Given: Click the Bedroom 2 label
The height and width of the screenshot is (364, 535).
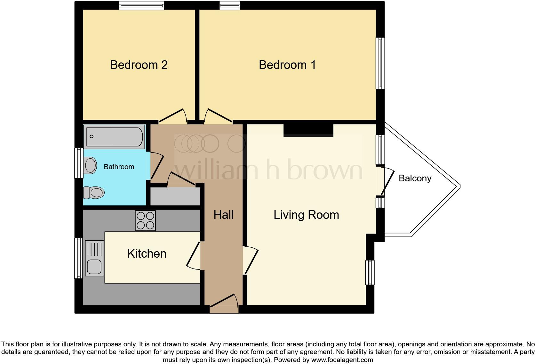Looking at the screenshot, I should pos(139,65).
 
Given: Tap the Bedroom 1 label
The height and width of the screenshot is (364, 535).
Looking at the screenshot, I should pos(287,65).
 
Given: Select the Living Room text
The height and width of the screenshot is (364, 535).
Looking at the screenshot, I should pos(306,215).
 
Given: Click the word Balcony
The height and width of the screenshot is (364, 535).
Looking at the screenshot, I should pos(415,178).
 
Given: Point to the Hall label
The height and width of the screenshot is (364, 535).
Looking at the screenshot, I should pos(223,215).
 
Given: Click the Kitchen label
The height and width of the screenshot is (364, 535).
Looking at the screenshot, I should pos(147,253).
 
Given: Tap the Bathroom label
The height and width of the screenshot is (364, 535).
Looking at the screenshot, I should pos(119,167).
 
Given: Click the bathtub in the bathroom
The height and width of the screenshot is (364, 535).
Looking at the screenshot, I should pos(114,137).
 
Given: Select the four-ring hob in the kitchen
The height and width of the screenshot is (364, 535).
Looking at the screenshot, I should pos(145,220).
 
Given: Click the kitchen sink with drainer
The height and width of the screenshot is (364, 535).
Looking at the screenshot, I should pos(94,258).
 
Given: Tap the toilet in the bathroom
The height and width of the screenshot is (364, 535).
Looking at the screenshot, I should pos(94,193).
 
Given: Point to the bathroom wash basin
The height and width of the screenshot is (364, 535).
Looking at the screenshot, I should pos(90,165).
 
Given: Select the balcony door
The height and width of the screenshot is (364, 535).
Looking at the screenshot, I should pos(387,181).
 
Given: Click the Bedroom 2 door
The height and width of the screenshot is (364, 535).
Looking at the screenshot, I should pos(173,116).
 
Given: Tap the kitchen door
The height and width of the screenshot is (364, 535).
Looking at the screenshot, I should pos(193,255).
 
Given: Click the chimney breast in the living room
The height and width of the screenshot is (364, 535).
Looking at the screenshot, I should pos(308,130).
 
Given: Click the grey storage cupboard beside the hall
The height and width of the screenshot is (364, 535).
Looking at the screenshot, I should pos(175,196).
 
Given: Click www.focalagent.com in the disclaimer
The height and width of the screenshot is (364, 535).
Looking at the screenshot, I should pos(342,360).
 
